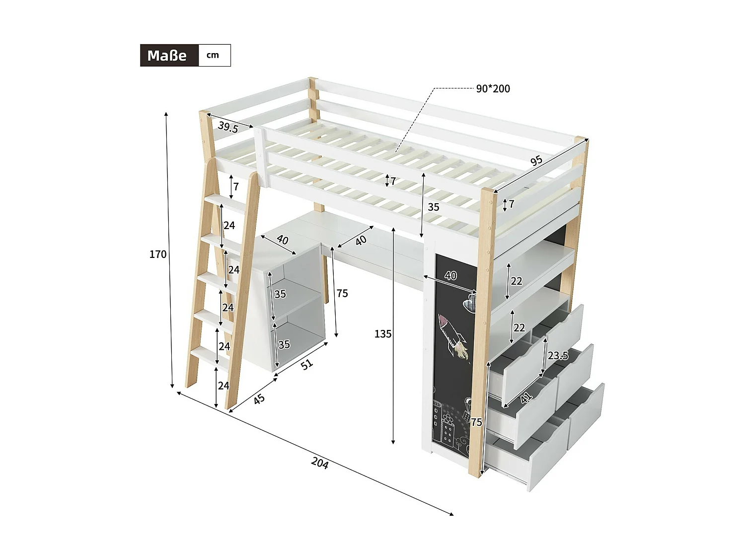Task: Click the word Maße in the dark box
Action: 167,56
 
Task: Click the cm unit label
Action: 213,55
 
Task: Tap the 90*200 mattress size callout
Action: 493,89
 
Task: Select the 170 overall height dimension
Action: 158,254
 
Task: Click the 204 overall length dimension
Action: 320,463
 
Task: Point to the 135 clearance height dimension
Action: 382,334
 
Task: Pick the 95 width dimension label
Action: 536,161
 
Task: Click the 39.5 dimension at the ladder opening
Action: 228,127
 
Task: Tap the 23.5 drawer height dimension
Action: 558,356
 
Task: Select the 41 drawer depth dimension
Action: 526,397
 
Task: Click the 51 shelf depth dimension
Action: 307,364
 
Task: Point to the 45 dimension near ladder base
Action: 259,399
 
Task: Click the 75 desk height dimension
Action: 342,294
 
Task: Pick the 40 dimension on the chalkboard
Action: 450,276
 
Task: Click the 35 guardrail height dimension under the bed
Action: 433,207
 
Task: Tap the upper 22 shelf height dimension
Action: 516,281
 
